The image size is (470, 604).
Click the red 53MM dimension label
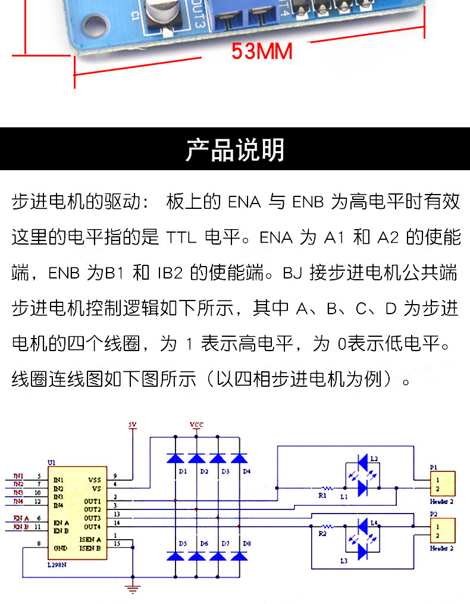(262, 52)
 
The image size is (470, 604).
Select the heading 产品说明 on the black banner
(235, 150)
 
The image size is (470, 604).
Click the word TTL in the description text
(180, 238)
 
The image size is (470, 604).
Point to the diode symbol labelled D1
(176, 458)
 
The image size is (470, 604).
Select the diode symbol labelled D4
(239, 458)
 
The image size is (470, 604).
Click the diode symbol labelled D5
(176, 555)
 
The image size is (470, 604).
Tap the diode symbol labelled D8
(239, 555)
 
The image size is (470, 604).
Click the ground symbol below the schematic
(133, 589)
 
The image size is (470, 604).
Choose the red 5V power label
(132, 425)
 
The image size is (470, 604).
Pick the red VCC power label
(196, 424)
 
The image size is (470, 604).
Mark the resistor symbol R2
(325, 527)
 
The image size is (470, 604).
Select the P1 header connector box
(443, 484)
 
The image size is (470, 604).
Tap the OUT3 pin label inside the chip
(92, 518)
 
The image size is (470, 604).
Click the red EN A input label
(21, 519)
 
